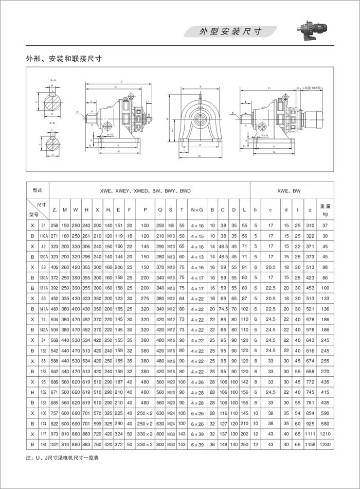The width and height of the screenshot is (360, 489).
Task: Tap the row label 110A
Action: coord(44,236)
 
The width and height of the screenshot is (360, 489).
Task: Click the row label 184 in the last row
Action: coord(44,444)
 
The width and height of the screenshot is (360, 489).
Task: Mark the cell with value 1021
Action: coord(55,444)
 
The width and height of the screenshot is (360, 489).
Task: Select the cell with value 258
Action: coord(55,225)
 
